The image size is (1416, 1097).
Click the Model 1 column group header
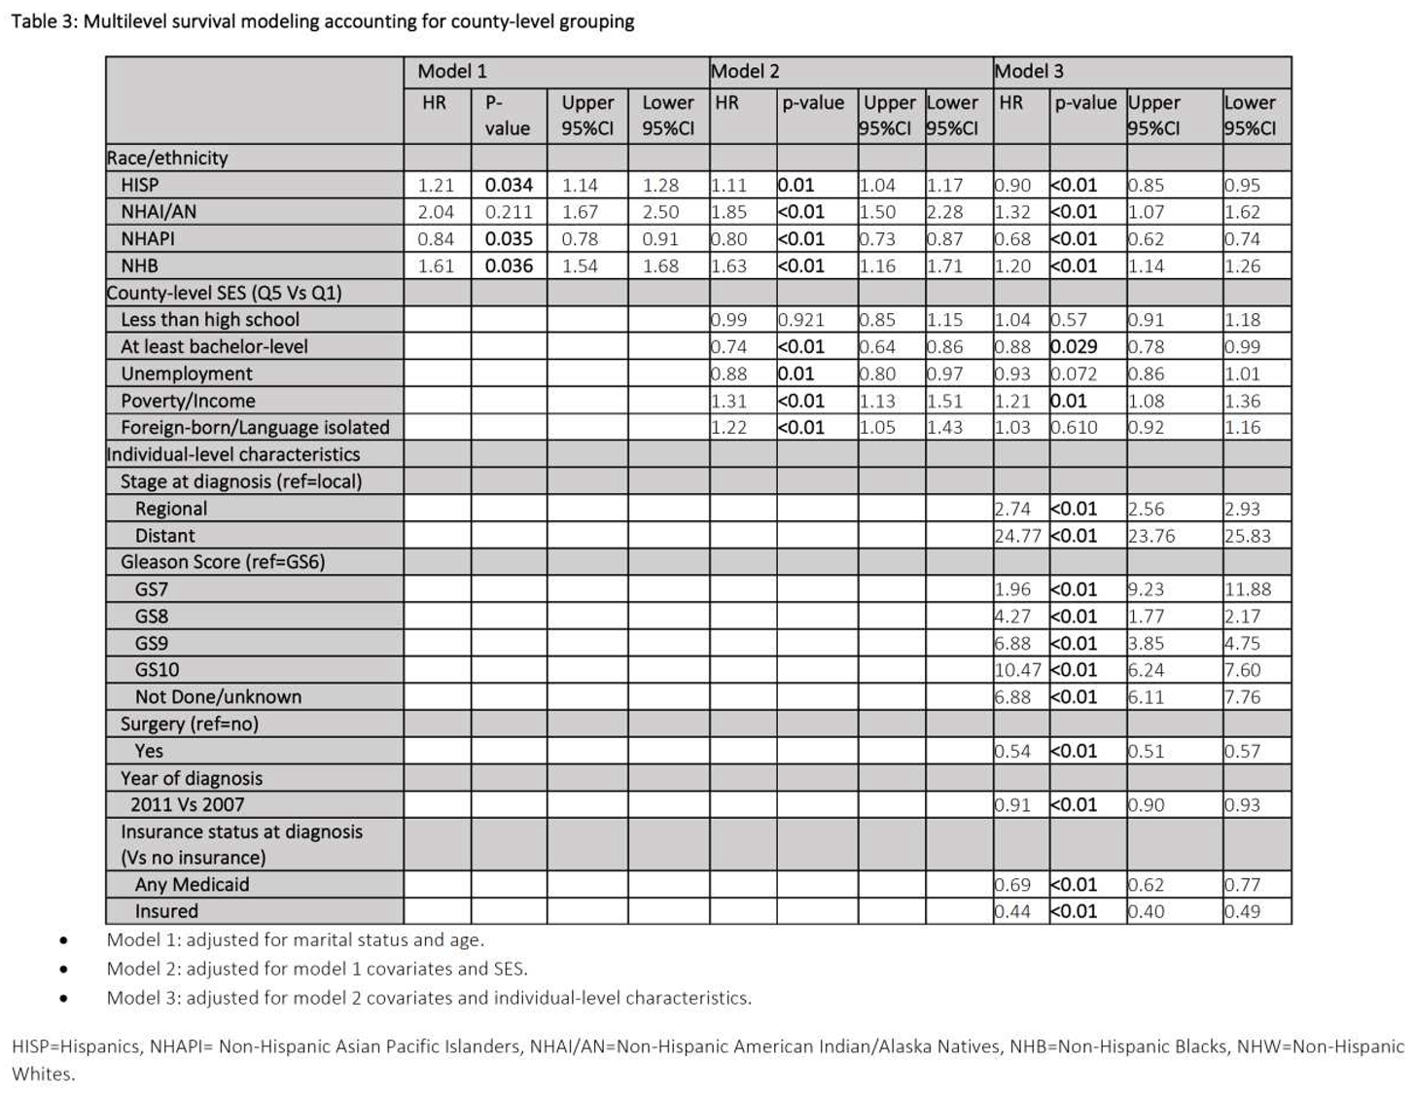pyautogui.click(x=452, y=71)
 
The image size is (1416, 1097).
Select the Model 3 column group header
pyautogui.click(x=1029, y=71)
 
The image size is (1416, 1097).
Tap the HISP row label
pyautogui.click(x=140, y=185)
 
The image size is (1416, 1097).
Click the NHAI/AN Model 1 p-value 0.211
pyautogui.click(x=508, y=212)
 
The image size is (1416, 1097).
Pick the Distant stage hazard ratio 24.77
pyautogui.click(x=1017, y=536)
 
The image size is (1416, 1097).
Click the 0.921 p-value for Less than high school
pyautogui.click(x=800, y=320)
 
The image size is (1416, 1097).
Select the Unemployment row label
pyautogui.click(x=187, y=373)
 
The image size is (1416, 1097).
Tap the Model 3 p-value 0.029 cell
pyautogui.click(x=1074, y=347)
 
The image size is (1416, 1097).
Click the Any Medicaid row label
pyautogui.click(x=193, y=885)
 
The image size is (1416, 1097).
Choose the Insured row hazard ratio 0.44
pyautogui.click(x=1012, y=911)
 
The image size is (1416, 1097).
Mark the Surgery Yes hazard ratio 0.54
pyautogui.click(x=1012, y=751)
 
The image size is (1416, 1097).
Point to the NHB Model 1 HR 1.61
pyautogui.click(x=436, y=266)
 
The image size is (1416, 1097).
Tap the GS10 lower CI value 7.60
pyautogui.click(x=1243, y=670)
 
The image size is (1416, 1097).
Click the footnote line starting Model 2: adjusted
pyautogui.click(x=317, y=969)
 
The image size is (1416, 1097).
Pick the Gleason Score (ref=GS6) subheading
pyautogui.click(x=223, y=562)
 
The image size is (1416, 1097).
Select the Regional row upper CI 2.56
pyautogui.click(x=1146, y=509)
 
